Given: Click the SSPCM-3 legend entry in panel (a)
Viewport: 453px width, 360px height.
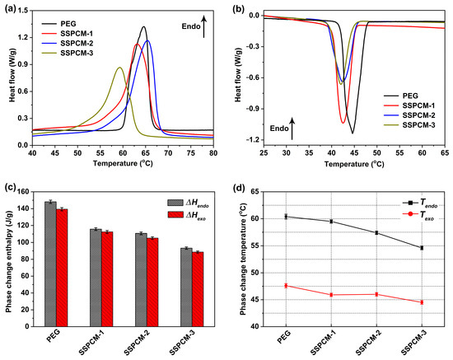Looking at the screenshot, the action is tap(68, 54).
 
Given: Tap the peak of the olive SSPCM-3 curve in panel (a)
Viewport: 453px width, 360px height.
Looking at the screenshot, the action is tap(119, 68).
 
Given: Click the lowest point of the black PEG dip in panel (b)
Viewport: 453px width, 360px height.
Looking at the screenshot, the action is tap(353, 133).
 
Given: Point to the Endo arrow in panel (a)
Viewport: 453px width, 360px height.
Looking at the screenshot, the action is tap(204, 27).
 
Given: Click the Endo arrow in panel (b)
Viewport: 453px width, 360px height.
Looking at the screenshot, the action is tap(292, 129).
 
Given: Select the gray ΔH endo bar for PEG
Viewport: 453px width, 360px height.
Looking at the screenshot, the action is tap(50, 264).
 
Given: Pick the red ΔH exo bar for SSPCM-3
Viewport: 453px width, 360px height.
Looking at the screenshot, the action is tap(198, 289).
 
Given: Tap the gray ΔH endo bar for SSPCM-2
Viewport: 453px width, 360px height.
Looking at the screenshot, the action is tap(142, 279).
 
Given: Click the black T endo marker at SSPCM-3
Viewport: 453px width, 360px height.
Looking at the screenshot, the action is tap(422, 248).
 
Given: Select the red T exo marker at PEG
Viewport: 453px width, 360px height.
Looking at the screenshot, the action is tap(286, 286).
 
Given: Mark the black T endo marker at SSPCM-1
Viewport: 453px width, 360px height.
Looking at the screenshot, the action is tap(331, 222).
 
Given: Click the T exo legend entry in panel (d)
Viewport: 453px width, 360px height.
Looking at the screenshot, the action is tap(418, 215).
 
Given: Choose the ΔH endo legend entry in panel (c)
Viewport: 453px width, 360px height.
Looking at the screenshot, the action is tap(188, 203).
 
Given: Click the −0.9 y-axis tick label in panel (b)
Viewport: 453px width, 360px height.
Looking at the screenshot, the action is tap(253, 109).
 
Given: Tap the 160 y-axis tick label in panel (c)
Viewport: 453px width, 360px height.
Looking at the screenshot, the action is tap(23, 192).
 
